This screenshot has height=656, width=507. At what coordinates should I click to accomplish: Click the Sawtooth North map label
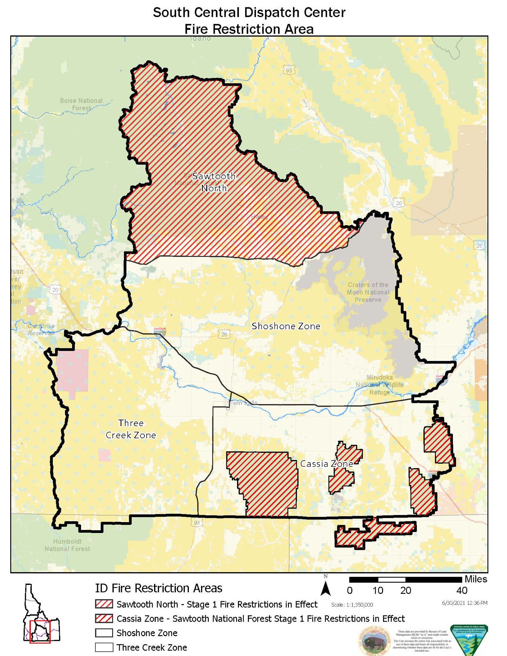pos(214,182)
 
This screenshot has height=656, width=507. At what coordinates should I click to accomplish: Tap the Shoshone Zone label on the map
pos(286,326)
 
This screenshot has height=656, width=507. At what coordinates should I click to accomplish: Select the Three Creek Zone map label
pos(131,429)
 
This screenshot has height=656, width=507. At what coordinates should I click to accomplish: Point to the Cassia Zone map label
pos(326,464)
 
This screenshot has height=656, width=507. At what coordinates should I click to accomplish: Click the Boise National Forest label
pos(81,104)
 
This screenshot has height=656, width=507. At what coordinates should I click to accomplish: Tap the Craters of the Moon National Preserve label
pos(368,292)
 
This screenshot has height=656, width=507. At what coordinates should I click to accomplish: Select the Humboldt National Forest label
pos(67,545)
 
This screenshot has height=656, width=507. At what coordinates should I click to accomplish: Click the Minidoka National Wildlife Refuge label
pos(380,385)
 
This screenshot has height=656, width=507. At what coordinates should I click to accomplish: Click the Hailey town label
pos(259,217)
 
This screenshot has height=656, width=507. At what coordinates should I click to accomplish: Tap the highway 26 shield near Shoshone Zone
pos(224,334)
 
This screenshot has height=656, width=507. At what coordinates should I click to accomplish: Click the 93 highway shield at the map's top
pos(289,70)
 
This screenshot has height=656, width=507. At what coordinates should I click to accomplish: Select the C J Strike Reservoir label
pos(41,329)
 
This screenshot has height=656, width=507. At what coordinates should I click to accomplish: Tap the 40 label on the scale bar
pos(462,590)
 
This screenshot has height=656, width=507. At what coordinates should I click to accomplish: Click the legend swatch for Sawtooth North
pos(104,604)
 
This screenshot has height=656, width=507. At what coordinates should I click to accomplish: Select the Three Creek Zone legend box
pos(104,647)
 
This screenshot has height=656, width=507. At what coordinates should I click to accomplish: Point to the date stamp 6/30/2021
pos(464,603)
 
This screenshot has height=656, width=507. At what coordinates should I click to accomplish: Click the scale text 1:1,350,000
pos(352,605)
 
